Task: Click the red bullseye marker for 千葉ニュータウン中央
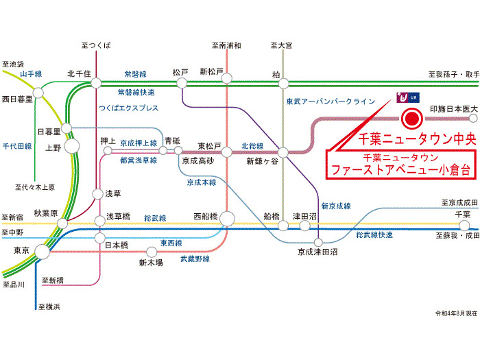point(411,119)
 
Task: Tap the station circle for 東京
point(42,252)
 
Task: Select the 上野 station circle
point(72,146)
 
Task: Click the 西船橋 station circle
point(227,219)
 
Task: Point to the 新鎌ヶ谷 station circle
point(283,152)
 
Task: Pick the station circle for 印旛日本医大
point(473,118)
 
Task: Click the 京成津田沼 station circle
point(318,243)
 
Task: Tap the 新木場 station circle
point(152,252)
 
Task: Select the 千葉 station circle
point(464,226)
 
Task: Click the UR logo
point(408,97)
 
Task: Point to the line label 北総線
point(252,146)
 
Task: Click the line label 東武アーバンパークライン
point(331,101)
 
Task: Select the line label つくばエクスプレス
point(129,108)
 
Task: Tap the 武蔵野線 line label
point(195,259)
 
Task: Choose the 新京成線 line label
point(336,206)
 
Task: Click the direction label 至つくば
point(96,46)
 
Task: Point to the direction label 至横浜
point(49,307)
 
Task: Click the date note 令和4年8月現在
point(457,313)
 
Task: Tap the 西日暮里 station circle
point(38,93)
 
